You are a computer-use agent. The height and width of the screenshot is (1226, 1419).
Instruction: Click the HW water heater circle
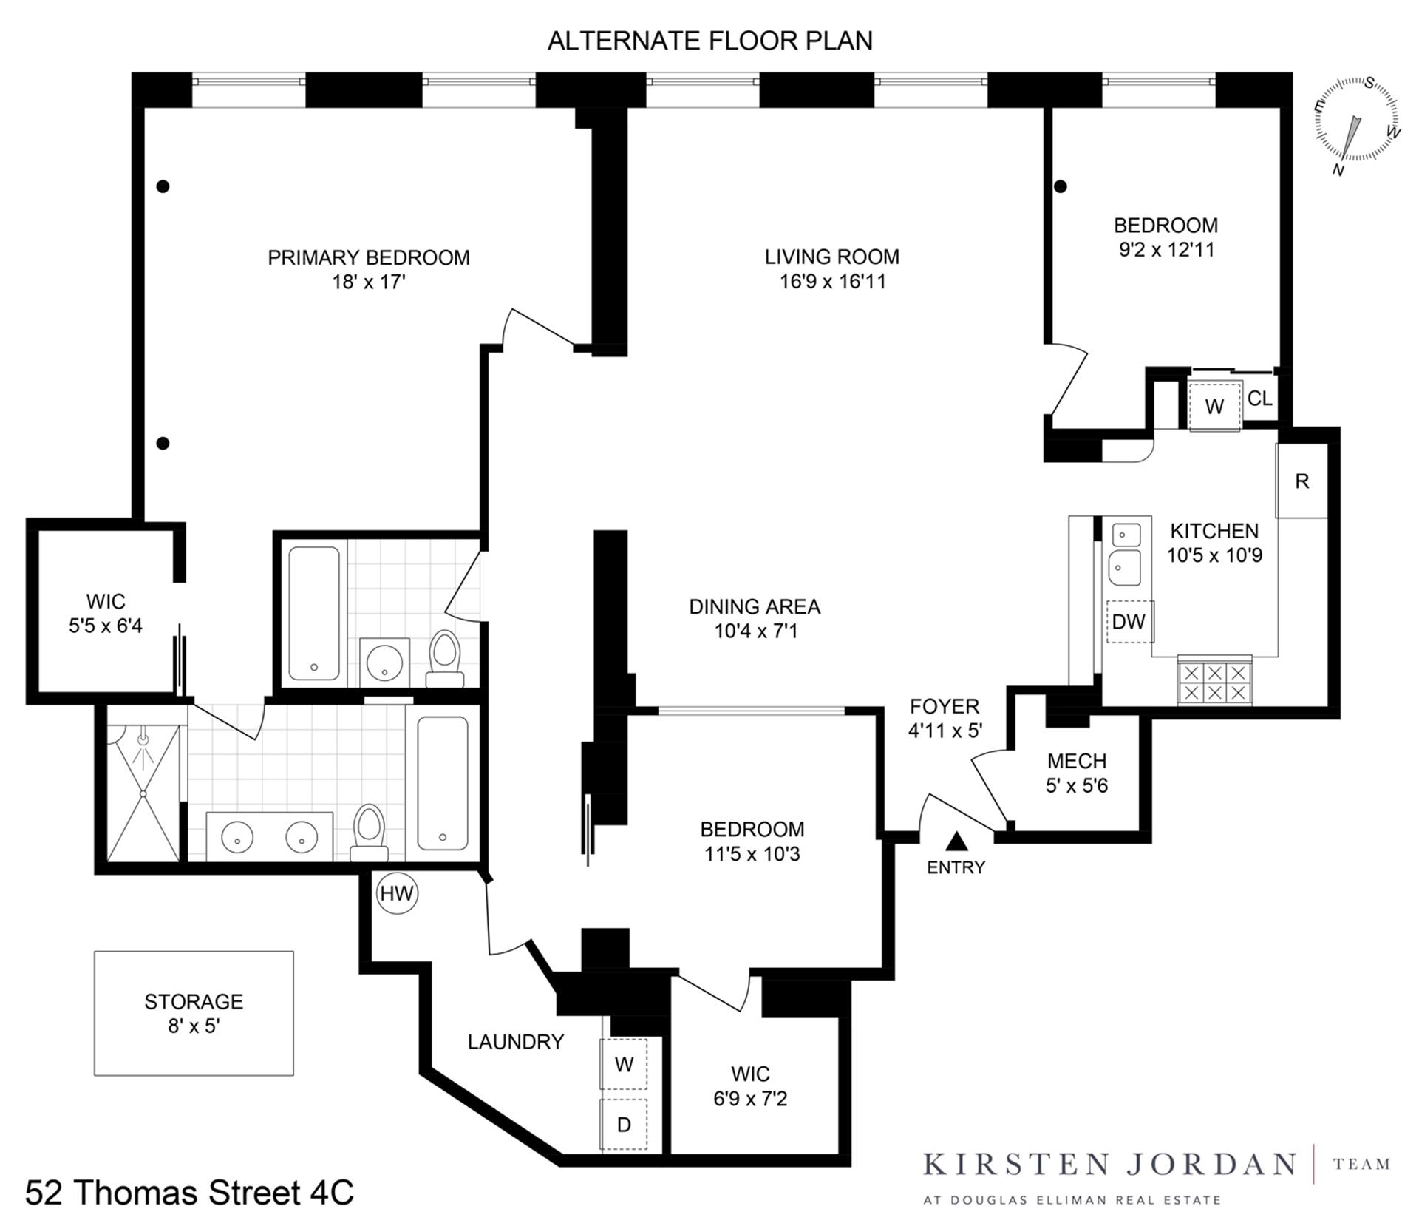point(397,893)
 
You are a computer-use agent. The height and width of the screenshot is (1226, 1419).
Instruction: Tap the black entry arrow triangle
point(956,841)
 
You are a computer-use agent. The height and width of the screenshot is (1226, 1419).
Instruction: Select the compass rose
point(1356,122)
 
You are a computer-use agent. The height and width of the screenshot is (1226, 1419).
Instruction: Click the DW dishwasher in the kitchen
point(1129,621)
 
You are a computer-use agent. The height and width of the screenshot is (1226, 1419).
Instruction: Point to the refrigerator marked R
point(1301,481)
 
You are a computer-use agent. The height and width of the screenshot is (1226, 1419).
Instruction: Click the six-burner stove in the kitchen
point(1214,682)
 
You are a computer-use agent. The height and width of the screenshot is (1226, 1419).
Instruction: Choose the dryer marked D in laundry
point(623,1125)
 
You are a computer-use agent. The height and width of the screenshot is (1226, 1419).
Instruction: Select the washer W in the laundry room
point(623,1064)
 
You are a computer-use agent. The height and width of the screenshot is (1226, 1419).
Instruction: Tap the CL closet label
point(1259,399)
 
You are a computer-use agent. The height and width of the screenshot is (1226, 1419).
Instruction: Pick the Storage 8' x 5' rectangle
point(194,1013)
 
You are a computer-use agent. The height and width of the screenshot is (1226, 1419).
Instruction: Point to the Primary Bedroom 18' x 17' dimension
point(369,282)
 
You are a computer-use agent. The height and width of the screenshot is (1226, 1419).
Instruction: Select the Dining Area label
point(754,606)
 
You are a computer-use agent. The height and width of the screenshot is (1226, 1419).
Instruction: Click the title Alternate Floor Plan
point(709,41)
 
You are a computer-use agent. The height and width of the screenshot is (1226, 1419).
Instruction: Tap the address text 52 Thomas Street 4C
point(189,1192)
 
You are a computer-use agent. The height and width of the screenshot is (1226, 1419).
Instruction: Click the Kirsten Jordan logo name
point(1109,1165)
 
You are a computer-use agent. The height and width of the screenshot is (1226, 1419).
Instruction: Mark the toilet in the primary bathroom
point(369,832)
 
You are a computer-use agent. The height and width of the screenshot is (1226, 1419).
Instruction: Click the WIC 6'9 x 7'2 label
point(750,1086)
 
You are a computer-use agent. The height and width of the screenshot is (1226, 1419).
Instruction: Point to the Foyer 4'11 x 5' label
point(945,718)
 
